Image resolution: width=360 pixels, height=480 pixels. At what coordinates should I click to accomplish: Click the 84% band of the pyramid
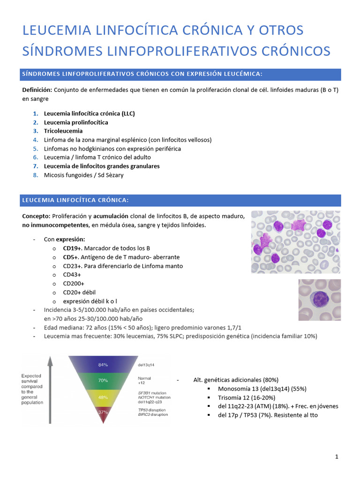(103, 364)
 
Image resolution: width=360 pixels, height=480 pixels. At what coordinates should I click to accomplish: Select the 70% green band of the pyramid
(103, 381)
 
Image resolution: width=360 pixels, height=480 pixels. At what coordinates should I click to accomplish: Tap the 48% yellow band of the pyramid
(103, 397)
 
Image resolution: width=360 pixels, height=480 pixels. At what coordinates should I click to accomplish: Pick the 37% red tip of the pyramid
(103, 412)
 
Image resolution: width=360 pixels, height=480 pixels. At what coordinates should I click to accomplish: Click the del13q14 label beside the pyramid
(146, 364)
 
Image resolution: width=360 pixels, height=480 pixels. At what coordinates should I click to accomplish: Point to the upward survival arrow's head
(51, 360)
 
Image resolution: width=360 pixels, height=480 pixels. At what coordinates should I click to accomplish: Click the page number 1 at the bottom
(337, 457)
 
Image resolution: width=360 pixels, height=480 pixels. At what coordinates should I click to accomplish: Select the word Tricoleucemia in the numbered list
(63, 131)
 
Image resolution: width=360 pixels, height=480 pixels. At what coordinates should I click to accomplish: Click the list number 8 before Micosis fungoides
(35, 175)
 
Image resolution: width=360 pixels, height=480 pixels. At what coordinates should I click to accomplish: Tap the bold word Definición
(37, 90)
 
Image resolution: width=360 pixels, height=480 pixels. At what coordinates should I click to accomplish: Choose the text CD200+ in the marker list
(74, 283)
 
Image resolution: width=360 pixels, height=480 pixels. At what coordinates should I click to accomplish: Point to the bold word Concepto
(36, 216)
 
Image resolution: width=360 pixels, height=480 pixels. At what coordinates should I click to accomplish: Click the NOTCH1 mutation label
(154, 397)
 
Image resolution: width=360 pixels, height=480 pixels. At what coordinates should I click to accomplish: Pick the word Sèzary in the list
(112, 175)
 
